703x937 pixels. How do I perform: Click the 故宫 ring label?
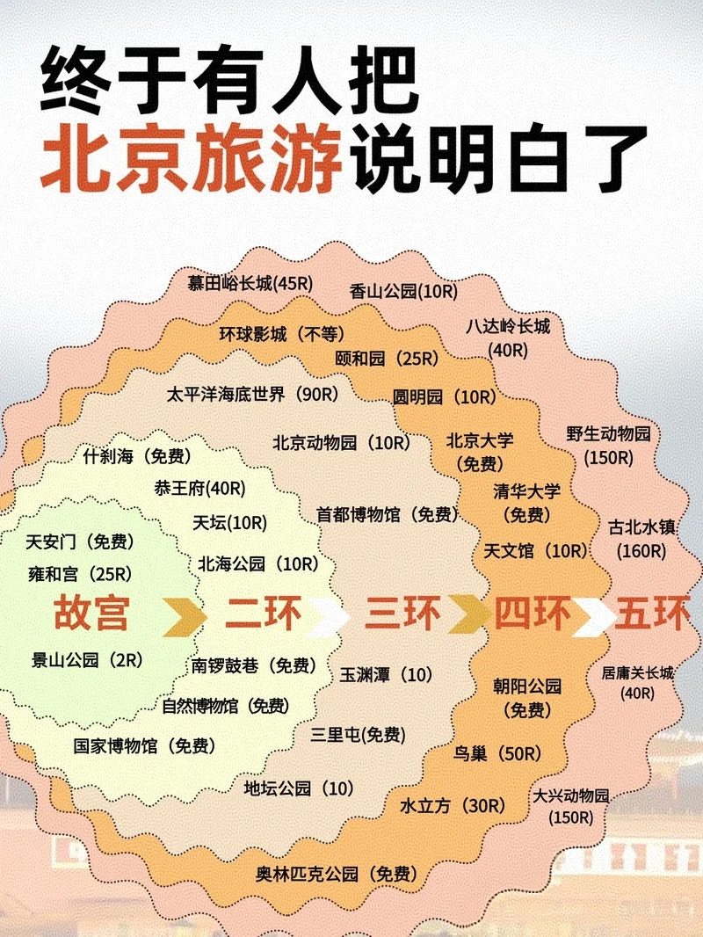pyautogui.click(x=91, y=613)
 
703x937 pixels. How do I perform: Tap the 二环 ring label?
pyautogui.click(x=263, y=613)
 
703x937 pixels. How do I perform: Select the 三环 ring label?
pyautogui.click(x=403, y=613)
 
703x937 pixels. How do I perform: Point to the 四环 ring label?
pyautogui.click(x=533, y=613)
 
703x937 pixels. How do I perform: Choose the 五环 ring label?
pyautogui.click(x=652, y=613)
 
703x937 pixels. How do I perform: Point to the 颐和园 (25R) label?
pyautogui.click(x=387, y=358)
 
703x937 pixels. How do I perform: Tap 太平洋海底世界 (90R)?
pyautogui.click(x=253, y=394)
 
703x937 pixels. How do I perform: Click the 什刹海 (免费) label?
pyautogui.click(x=137, y=456)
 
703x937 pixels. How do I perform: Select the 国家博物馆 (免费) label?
pyautogui.click(x=144, y=746)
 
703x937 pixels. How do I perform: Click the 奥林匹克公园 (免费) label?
pyautogui.click(x=337, y=873)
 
